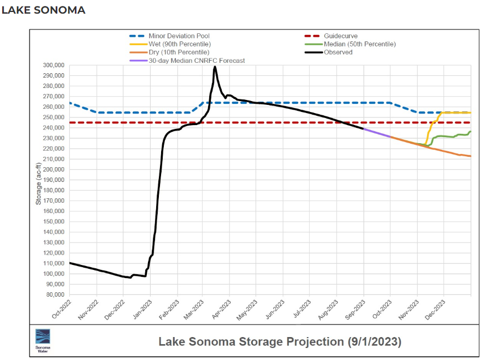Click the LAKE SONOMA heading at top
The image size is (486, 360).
click(x=44, y=10)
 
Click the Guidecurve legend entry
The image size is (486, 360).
click(x=341, y=36)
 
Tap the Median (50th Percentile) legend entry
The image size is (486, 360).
click(x=360, y=44)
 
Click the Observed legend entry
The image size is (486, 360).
click(x=338, y=52)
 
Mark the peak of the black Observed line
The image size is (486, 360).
click(x=215, y=67)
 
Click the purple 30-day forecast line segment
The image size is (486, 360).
click(x=377, y=133)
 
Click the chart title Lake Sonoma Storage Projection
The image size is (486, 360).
click(x=251, y=342)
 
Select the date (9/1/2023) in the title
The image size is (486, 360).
click(x=374, y=342)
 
